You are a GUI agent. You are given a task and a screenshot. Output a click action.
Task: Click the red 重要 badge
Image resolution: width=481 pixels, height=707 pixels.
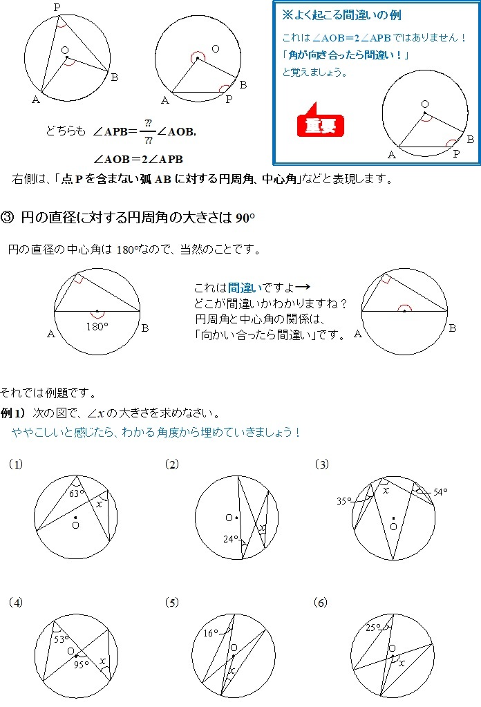pos(320,124)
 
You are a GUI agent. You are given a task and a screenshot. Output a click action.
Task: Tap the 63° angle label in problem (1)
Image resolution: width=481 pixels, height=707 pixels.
pos(77,493)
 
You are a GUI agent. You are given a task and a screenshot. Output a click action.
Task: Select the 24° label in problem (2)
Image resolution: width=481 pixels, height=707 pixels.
pos(231,538)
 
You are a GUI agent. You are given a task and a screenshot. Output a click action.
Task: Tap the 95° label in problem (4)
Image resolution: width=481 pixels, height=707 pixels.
pos(81,665)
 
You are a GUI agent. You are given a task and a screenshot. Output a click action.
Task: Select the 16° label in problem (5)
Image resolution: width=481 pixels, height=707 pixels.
pos(211,632)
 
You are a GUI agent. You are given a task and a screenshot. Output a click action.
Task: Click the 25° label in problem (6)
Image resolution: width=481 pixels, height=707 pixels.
pos(373,628)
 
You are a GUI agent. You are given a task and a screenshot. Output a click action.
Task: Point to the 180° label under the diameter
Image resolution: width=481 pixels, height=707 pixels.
pos(97,327)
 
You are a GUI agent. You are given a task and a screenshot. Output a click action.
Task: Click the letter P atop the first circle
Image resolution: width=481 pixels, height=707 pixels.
pos(57,7)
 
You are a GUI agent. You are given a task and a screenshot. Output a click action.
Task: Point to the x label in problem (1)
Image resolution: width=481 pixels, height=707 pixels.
pos(99,504)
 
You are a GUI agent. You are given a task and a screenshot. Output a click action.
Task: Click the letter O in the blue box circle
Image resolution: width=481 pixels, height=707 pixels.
pos(424,104)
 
